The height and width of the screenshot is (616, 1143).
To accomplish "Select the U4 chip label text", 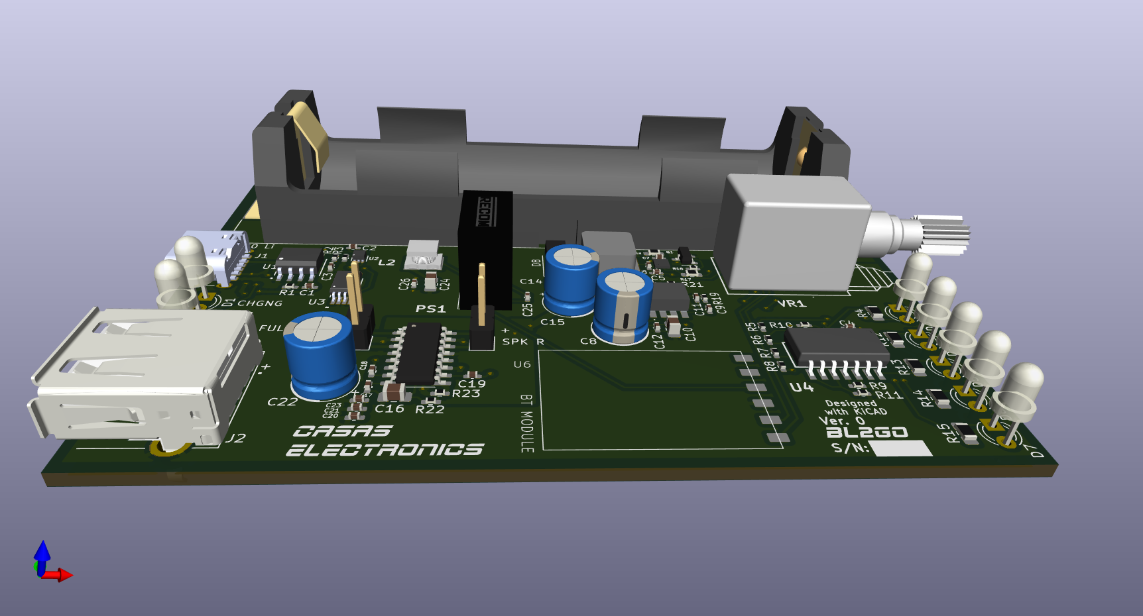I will point(801,387).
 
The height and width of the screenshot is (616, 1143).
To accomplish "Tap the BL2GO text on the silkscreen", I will point(867,433).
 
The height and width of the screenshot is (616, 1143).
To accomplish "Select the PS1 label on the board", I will point(430,309).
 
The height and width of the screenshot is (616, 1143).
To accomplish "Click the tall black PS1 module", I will point(485,248).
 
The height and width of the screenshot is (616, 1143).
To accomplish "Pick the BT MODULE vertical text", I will point(526,424).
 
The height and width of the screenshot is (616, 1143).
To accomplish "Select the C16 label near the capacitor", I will point(389,409).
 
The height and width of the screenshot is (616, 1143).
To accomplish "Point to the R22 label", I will point(430,409).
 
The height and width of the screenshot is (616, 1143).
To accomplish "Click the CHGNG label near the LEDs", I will point(259,303).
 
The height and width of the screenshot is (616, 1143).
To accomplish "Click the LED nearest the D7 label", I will point(1021,391).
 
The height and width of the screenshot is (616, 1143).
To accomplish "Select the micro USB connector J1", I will point(225,255).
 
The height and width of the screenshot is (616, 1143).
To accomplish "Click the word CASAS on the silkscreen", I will point(343,431).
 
